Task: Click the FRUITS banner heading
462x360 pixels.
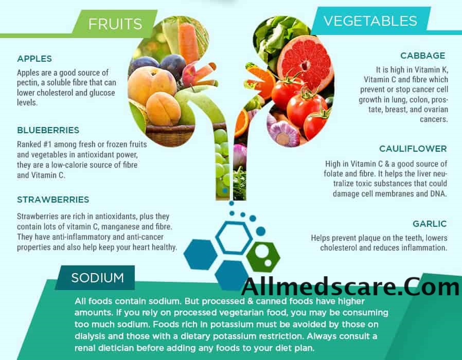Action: coord(115,24)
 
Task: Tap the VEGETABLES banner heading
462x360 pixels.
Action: coord(370,21)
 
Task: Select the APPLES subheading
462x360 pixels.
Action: coord(34,59)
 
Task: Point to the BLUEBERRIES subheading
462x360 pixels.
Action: coord(48,130)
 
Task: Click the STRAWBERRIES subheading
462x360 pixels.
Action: coord(53,200)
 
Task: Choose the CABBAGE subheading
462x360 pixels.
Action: coord(423,56)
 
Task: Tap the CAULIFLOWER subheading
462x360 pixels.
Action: coord(413,149)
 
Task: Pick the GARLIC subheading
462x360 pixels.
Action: coord(430,224)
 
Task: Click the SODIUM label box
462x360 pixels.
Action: coord(97,278)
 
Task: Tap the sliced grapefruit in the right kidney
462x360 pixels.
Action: coord(305,64)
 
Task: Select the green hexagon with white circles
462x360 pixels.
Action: coord(263,256)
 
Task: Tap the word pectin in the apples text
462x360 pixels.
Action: coord(27,83)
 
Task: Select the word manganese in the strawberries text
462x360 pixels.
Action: coord(120,227)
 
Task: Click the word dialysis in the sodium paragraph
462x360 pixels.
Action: coord(89,336)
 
